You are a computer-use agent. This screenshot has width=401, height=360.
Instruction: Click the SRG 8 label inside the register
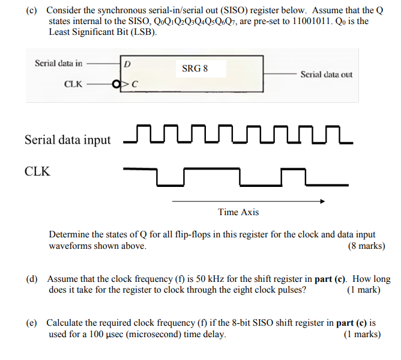pyautogui.click(x=194, y=68)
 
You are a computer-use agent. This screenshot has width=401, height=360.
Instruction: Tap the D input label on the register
pyautogui.click(x=128, y=64)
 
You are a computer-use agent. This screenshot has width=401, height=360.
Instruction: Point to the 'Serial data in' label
pyautogui.click(x=59, y=63)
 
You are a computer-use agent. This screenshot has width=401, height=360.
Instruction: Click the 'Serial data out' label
pyautogui.click(x=326, y=75)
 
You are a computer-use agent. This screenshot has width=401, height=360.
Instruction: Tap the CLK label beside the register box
pyautogui.click(x=73, y=84)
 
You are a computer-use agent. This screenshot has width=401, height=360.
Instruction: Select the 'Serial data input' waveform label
pyautogui.click(x=67, y=140)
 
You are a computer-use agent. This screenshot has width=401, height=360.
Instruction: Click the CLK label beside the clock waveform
pyautogui.click(x=37, y=172)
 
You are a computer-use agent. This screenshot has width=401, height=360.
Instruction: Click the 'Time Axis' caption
pyautogui.click(x=238, y=212)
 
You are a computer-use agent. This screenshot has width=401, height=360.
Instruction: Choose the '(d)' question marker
pyautogui.click(x=32, y=279)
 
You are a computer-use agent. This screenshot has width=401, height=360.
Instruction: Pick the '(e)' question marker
pyautogui.click(x=31, y=323)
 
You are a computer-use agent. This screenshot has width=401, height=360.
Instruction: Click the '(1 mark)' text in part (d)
pyautogui.click(x=364, y=290)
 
